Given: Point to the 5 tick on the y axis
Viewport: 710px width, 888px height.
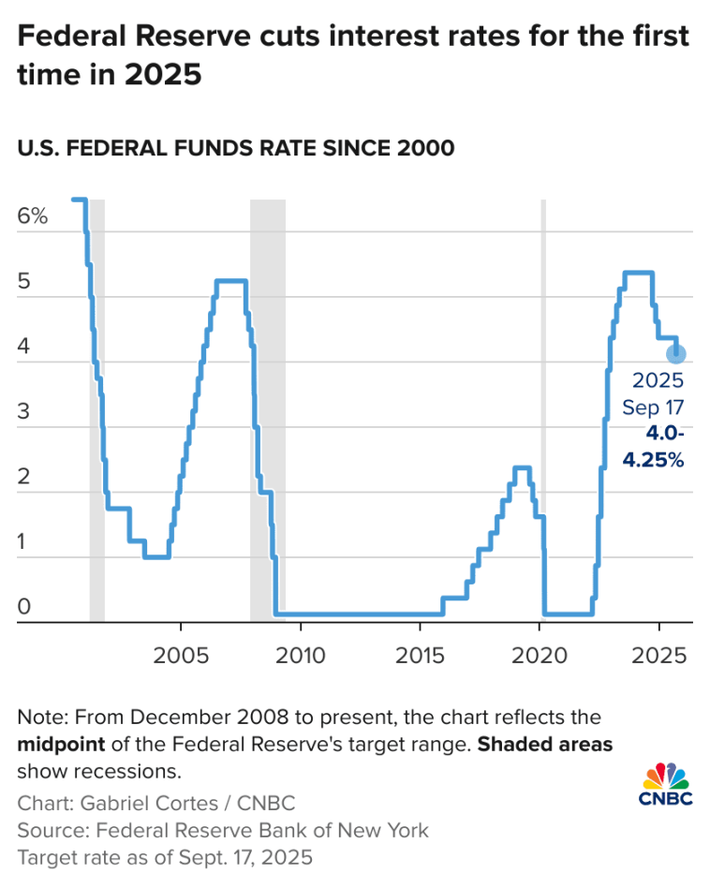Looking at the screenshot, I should coord(23,281).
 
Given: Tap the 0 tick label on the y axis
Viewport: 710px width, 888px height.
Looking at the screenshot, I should coord(23,606).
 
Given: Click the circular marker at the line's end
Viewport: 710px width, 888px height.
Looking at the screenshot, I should coord(675,354).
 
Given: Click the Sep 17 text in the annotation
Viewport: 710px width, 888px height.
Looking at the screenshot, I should coord(654,407).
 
